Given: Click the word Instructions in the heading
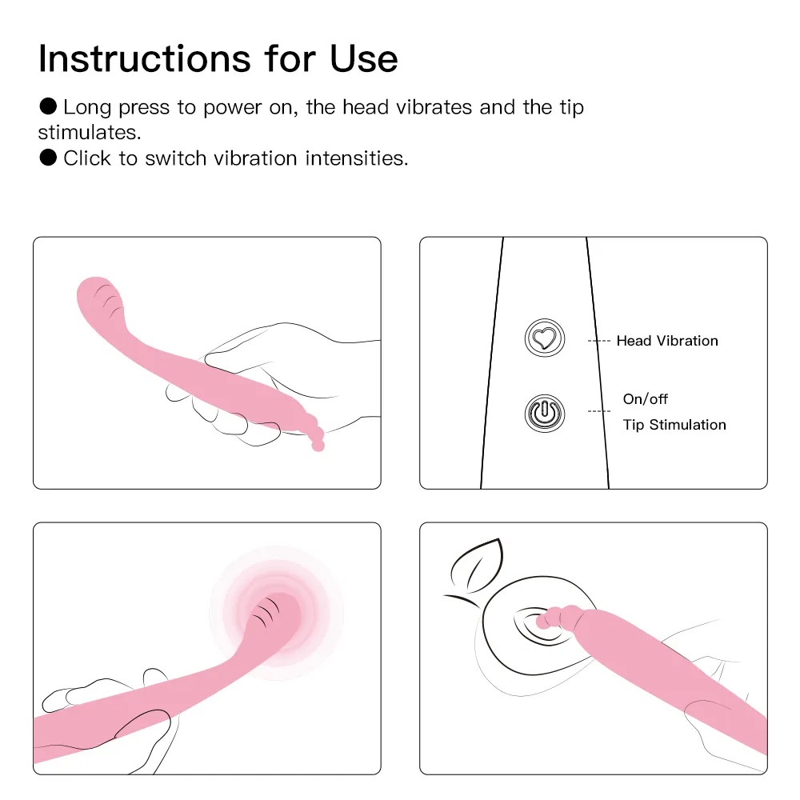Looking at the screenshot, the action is [144, 58].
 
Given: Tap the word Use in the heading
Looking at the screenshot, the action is [364, 58].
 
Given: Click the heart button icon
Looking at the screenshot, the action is [544, 338].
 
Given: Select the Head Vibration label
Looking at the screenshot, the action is [667, 341].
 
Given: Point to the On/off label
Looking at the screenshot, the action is [645, 399].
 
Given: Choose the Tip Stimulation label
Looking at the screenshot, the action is [674, 425].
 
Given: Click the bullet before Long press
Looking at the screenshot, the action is [48, 106].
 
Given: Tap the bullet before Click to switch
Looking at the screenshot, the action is [48, 158].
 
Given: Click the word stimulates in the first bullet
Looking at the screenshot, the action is [90, 133].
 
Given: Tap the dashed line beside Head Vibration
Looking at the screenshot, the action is [599, 341].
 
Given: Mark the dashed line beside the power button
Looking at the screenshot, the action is [599, 411].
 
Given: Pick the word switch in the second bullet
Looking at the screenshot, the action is [175, 158].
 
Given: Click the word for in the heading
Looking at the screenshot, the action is [290, 58].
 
